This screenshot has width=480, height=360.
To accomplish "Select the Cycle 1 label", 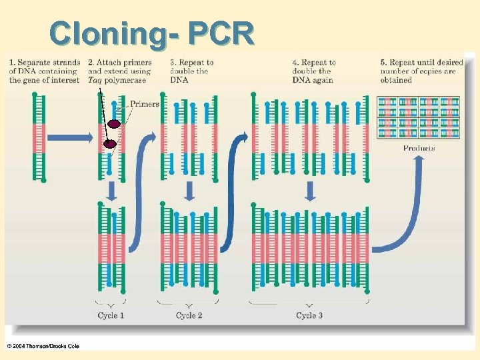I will coord(111,315).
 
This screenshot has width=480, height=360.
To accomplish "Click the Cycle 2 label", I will coord(189,315).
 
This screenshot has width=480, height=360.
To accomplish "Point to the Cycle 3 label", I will coord(309,315).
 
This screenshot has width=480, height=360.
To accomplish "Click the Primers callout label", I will coord(144,103).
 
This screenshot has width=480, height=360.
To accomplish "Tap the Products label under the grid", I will coord(419,148).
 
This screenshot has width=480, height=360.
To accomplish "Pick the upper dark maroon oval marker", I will coord(114,123).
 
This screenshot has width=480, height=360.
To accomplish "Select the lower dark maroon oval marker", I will coord(109,143).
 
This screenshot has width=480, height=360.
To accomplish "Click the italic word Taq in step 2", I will coord(95,80).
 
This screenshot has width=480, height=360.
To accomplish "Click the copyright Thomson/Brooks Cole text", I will coord(43,346).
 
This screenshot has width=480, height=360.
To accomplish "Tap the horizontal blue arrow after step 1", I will coord(70,137).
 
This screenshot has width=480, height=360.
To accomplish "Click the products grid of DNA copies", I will coord(418,117).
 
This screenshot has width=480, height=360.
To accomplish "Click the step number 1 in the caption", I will coord(11,63).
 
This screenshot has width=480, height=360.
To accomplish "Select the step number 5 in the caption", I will coord(383,63).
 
